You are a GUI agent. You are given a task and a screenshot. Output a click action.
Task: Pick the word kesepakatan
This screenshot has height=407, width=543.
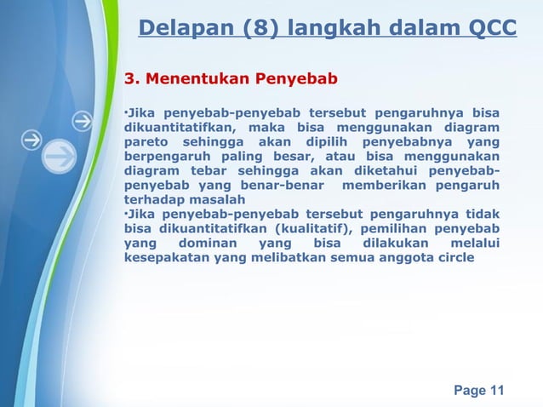(166, 258)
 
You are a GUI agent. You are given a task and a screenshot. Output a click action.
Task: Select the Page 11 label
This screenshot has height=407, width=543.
(478, 391)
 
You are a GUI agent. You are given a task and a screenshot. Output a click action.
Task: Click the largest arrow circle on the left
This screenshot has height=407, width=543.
(59, 157)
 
